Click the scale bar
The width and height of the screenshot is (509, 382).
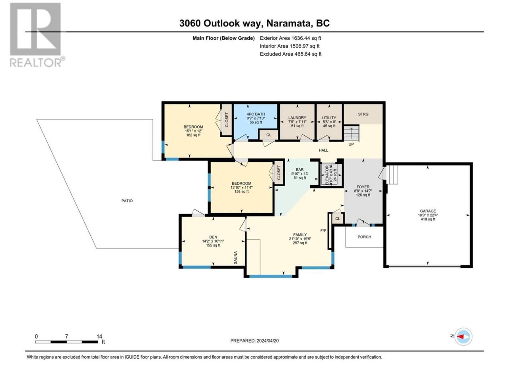pos(66,342)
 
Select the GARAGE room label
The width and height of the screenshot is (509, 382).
pos(428,211)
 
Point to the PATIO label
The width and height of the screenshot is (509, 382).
pos(127,201)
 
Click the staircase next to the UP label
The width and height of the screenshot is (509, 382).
pos(351,133)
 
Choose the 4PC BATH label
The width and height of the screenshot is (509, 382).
pos(256,114)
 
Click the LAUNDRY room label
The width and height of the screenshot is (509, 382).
pos(297,118)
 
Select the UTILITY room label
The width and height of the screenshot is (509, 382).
pos(329,118)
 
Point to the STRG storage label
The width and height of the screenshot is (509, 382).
pos(363,114)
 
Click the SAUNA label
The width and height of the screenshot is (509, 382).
pos(235,257)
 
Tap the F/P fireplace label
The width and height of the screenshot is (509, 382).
pos(323,231)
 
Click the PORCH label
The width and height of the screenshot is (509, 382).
pos(364,237)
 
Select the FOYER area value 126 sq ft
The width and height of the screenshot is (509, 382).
pos(363,195)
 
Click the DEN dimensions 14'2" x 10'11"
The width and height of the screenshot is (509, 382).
pos(213,241)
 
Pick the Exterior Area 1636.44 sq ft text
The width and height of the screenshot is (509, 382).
pos(290,38)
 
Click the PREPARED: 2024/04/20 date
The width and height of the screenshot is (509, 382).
pos(254,341)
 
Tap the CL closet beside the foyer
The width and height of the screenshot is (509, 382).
pos(338,219)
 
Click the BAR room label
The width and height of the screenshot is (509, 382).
pos(299,170)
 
